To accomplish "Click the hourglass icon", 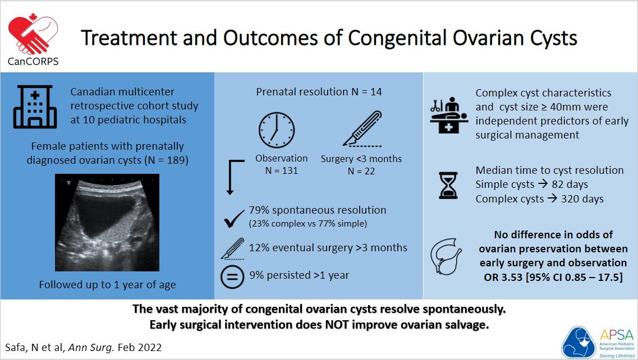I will point(447,185).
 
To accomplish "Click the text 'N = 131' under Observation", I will point(281,170).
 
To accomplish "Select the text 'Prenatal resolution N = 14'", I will point(319,91).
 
